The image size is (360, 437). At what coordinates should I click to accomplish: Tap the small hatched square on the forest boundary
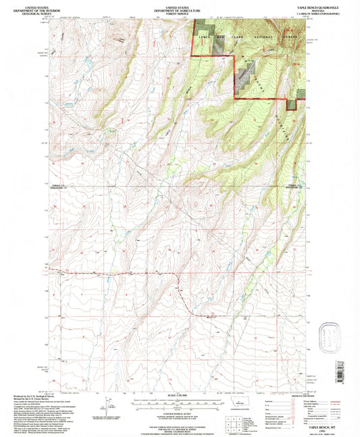pyautogui.click(x=292, y=104)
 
